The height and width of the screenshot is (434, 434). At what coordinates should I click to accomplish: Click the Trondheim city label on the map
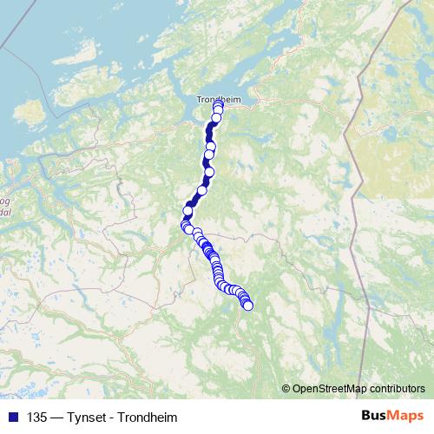[214, 99]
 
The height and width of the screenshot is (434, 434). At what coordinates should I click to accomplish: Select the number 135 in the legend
[37, 417]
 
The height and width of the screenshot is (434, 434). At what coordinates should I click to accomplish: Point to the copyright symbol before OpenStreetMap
[286, 388]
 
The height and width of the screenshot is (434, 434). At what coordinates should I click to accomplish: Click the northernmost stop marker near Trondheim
[218, 108]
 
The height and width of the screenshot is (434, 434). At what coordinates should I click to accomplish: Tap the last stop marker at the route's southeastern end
[248, 305]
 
